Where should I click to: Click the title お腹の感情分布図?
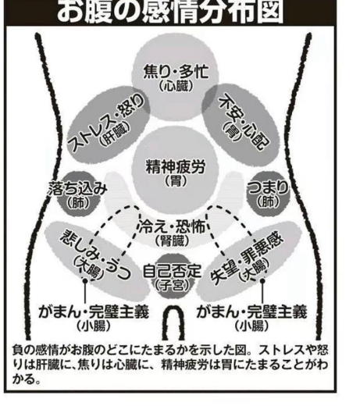[x=170, y=12]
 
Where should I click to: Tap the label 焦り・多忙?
[x=176, y=72]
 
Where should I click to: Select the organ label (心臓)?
[x=176, y=86]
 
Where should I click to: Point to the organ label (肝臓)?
[x=115, y=134]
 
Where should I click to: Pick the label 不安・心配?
[x=244, y=122]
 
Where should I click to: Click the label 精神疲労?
[x=176, y=167]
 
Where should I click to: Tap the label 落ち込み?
[x=77, y=189]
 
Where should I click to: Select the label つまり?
[x=268, y=187]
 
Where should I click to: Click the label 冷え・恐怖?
[x=172, y=227]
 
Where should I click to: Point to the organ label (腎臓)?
[x=172, y=241]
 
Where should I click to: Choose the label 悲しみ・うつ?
[x=96, y=255]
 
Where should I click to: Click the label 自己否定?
[x=173, y=271]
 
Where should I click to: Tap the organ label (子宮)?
[x=173, y=285]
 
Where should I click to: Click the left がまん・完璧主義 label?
[x=94, y=312]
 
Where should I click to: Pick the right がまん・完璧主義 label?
[x=252, y=312]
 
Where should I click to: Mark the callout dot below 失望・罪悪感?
[x=262, y=281]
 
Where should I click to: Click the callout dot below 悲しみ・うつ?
[x=85, y=281]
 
